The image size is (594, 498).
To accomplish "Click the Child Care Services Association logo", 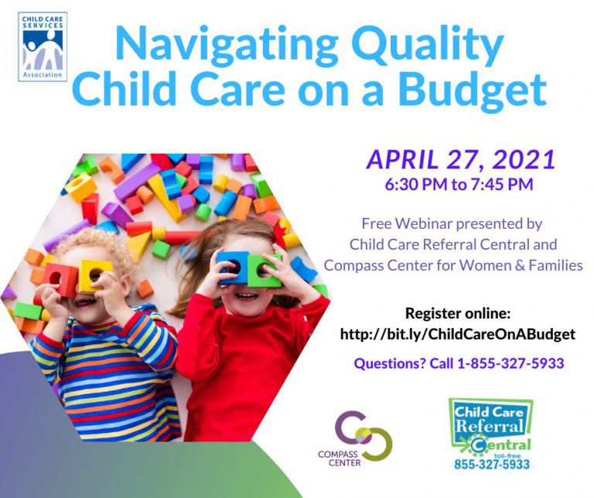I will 43,46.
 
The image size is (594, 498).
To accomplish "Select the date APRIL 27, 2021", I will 461,159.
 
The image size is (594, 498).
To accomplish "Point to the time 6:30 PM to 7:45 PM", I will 459,186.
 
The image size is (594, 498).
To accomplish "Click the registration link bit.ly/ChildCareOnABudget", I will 458,334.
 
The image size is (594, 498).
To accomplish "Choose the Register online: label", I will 458,314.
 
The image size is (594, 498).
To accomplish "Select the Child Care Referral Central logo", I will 491,426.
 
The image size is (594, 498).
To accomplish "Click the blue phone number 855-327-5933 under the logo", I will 492,466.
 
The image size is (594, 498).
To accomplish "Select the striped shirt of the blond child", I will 108,379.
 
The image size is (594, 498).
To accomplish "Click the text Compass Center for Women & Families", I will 453,266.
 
